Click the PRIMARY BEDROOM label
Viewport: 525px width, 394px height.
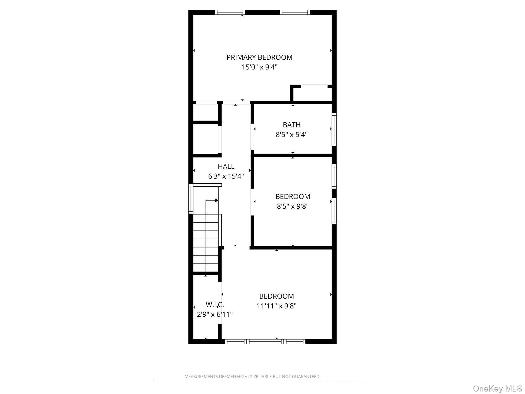(x=259, y=57)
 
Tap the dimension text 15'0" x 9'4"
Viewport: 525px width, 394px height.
(x=259, y=67)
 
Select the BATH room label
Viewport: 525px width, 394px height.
(x=292, y=125)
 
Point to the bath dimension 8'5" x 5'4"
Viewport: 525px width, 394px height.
(x=292, y=135)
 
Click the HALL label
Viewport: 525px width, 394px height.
(x=226, y=166)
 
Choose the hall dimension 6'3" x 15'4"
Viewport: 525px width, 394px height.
(x=226, y=176)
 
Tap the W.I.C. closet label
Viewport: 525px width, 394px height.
(x=214, y=305)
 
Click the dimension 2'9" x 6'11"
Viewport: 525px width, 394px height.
(x=215, y=314)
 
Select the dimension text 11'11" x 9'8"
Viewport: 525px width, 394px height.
(x=277, y=306)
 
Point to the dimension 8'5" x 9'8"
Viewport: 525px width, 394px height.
(x=293, y=206)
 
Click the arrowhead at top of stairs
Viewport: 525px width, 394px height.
(x=216, y=200)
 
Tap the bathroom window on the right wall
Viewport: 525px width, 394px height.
(x=334, y=129)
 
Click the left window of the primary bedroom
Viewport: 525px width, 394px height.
(x=230, y=12)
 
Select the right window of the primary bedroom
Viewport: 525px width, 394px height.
(x=295, y=12)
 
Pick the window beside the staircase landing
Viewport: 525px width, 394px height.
(x=191, y=199)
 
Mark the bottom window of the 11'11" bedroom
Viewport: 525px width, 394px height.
(x=265, y=341)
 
